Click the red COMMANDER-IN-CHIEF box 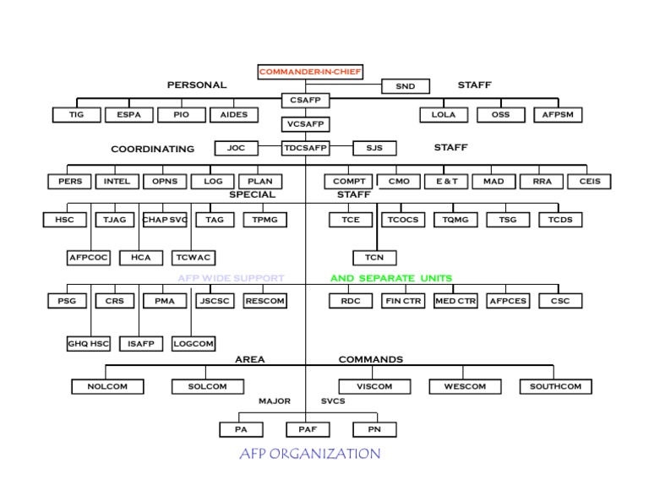click(310, 72)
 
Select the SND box click(405, 86)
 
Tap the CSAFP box click(305, 101)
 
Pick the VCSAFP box click(305, 124)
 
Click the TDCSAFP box click(305, 148)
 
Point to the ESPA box click(128, 114)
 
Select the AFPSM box click(557, 114)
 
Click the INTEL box click(117, 181)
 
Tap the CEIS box click(590, 181)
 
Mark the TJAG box click(115, 220)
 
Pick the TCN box click(374, 257)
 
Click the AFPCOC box click(88, 257)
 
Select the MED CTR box click(455, 300)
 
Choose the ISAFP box click(140, 344)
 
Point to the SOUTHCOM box click(555, 386)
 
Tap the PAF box click(308, 429)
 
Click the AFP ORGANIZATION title click(309, 454)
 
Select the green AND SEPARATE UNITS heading click(390, 278)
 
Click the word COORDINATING click(152, 149)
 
